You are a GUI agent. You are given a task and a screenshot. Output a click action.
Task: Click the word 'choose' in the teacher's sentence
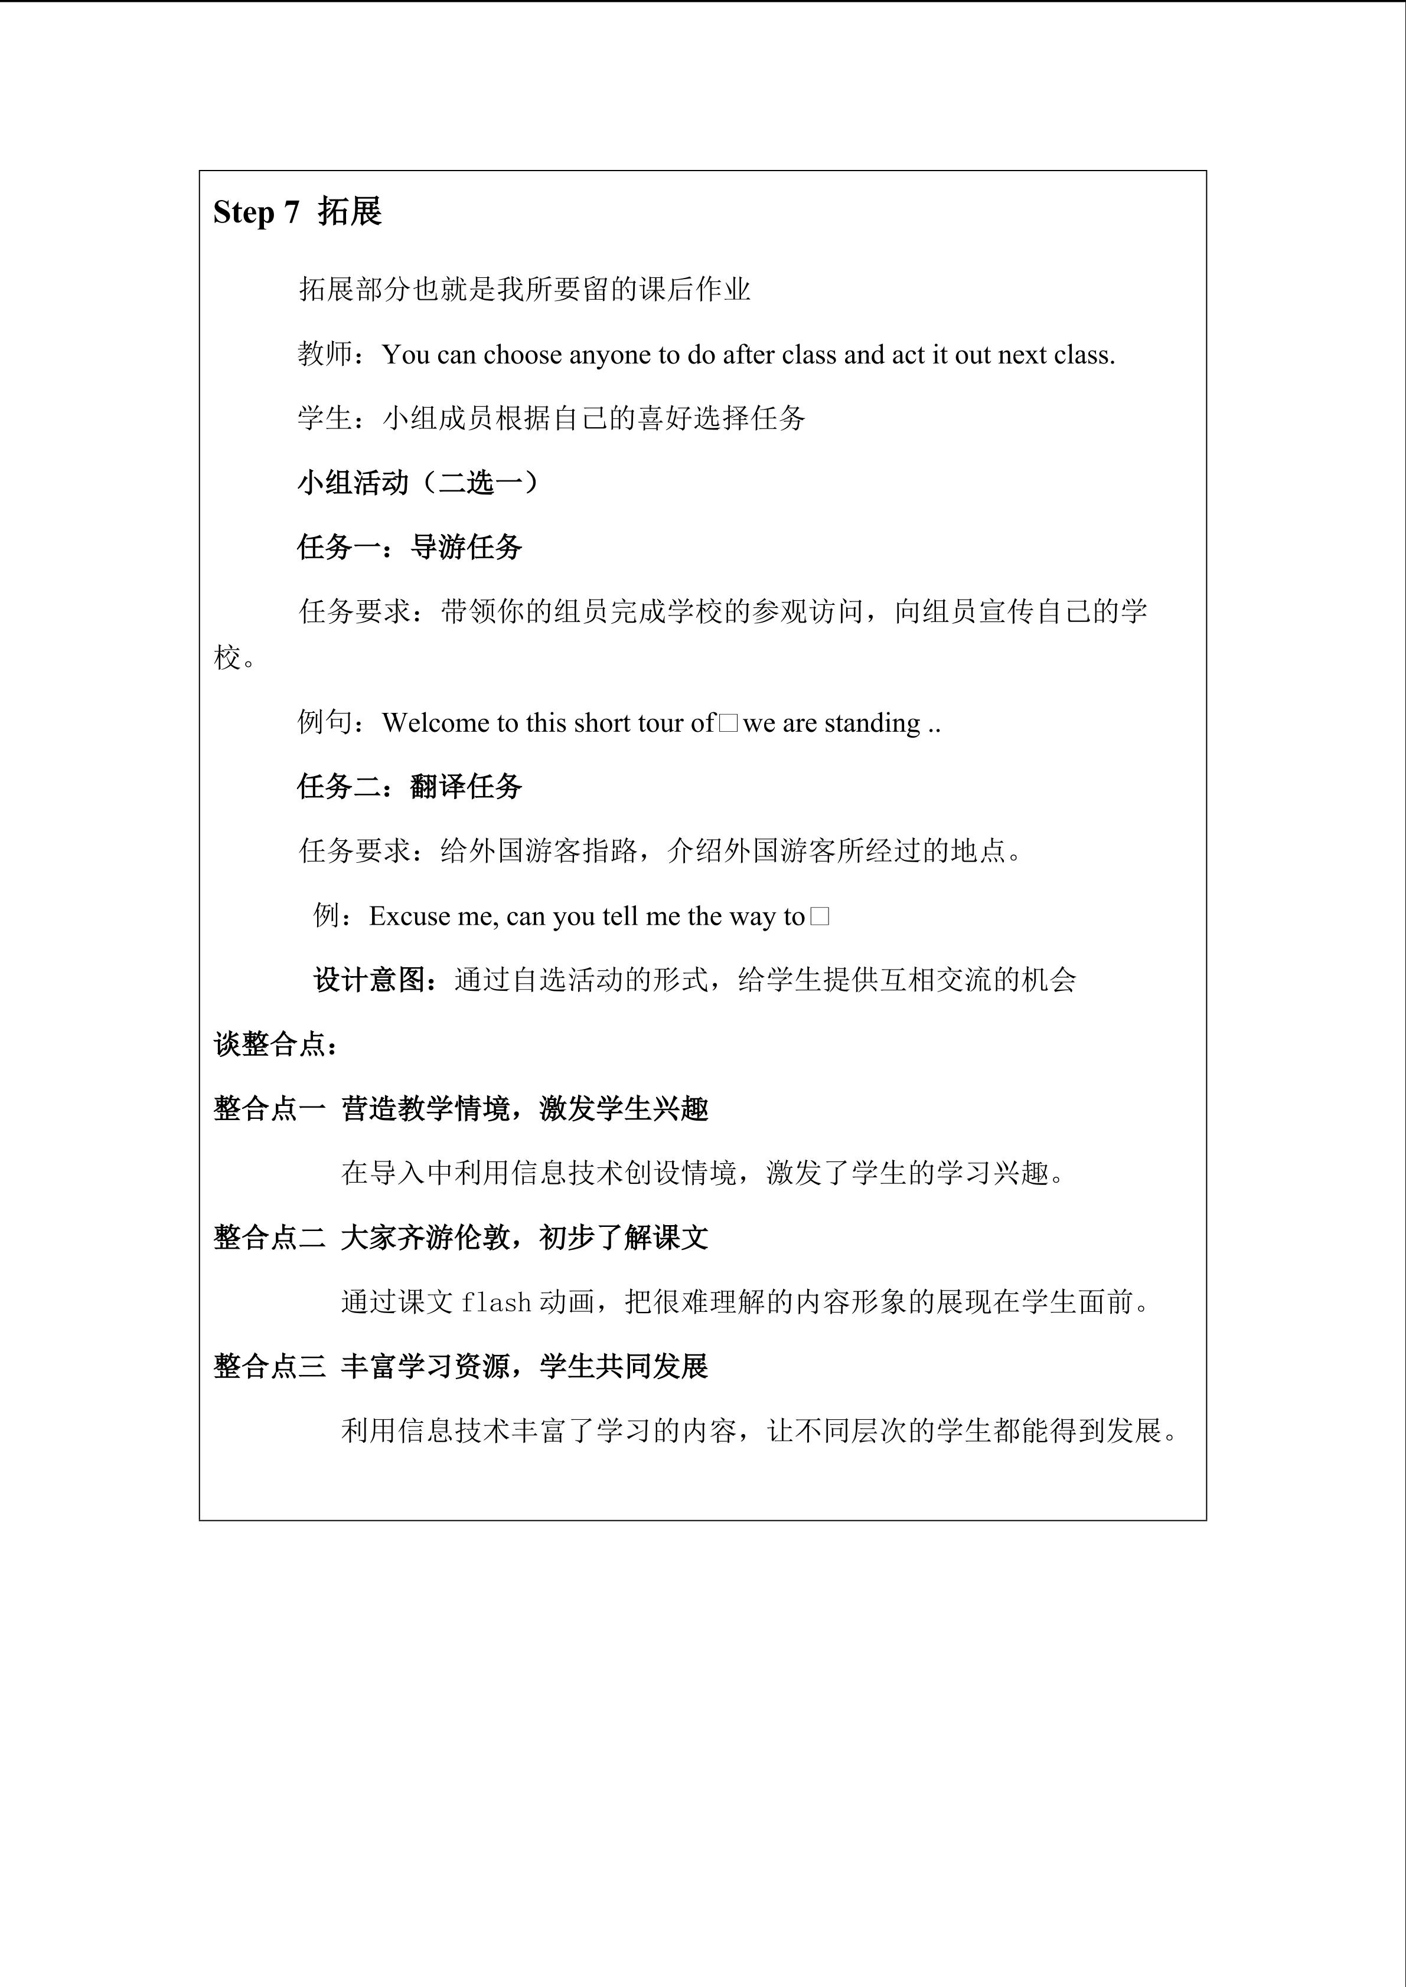523,355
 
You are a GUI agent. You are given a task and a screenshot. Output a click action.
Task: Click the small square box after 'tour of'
728,722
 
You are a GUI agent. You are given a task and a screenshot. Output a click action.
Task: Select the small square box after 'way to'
820,916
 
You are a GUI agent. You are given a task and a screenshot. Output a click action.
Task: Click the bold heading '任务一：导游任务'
409,547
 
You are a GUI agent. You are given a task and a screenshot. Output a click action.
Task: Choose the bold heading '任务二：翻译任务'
409,787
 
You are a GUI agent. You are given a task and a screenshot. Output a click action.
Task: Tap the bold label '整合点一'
269,1109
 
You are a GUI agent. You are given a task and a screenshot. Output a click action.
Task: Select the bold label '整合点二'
269,1238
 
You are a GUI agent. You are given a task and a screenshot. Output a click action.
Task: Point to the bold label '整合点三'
269,1367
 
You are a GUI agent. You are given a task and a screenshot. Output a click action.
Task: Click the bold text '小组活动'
353,482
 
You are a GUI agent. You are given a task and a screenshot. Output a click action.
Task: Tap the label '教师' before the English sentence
325,354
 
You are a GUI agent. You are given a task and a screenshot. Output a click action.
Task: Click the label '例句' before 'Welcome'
325,722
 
